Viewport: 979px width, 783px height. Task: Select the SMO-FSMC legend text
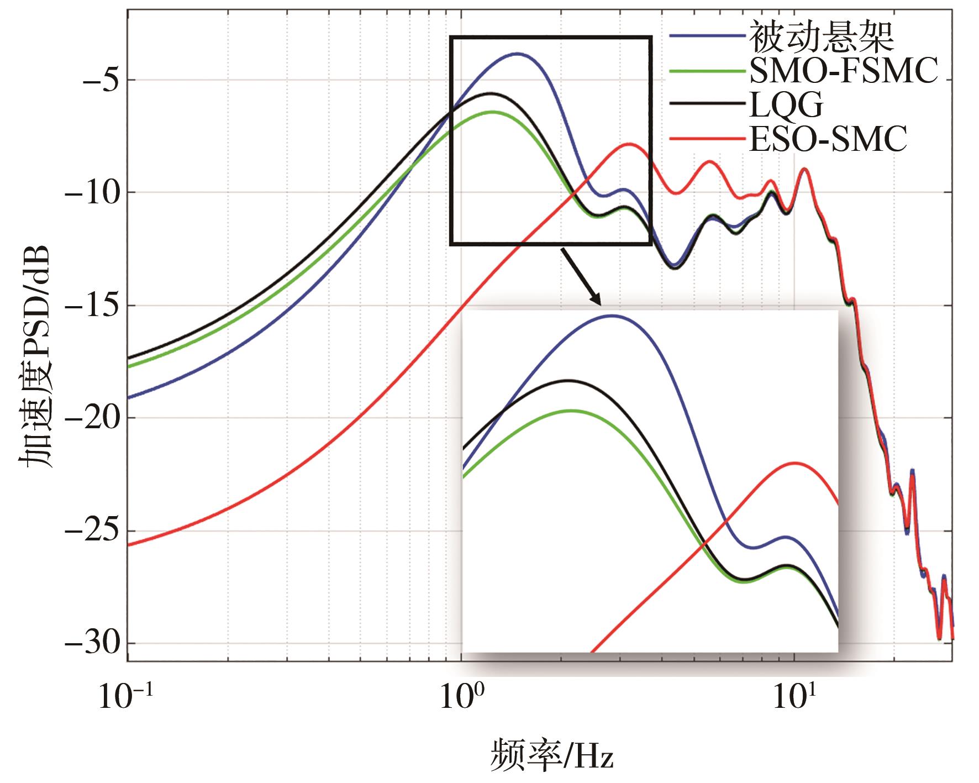point(843,71)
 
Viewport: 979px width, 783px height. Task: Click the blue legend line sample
point(707,37)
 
